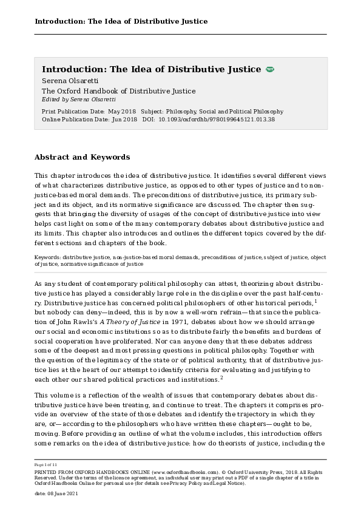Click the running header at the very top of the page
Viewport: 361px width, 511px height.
click(121, 21)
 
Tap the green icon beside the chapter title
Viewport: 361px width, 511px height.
click(270, 70)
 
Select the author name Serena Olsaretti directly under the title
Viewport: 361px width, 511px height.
click(70, 81)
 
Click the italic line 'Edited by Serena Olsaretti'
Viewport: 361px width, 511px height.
click(78, 99)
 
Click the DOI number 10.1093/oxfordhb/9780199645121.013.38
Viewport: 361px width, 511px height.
click(217, 119)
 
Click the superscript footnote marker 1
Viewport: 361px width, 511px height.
click(316, 300)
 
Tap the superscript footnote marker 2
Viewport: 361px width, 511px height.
click(221, 378)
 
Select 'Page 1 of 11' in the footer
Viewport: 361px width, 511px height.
click(46, 464)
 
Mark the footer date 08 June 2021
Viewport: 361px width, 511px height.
click(61, 495)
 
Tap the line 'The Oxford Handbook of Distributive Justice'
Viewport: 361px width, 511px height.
click(118, 91)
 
